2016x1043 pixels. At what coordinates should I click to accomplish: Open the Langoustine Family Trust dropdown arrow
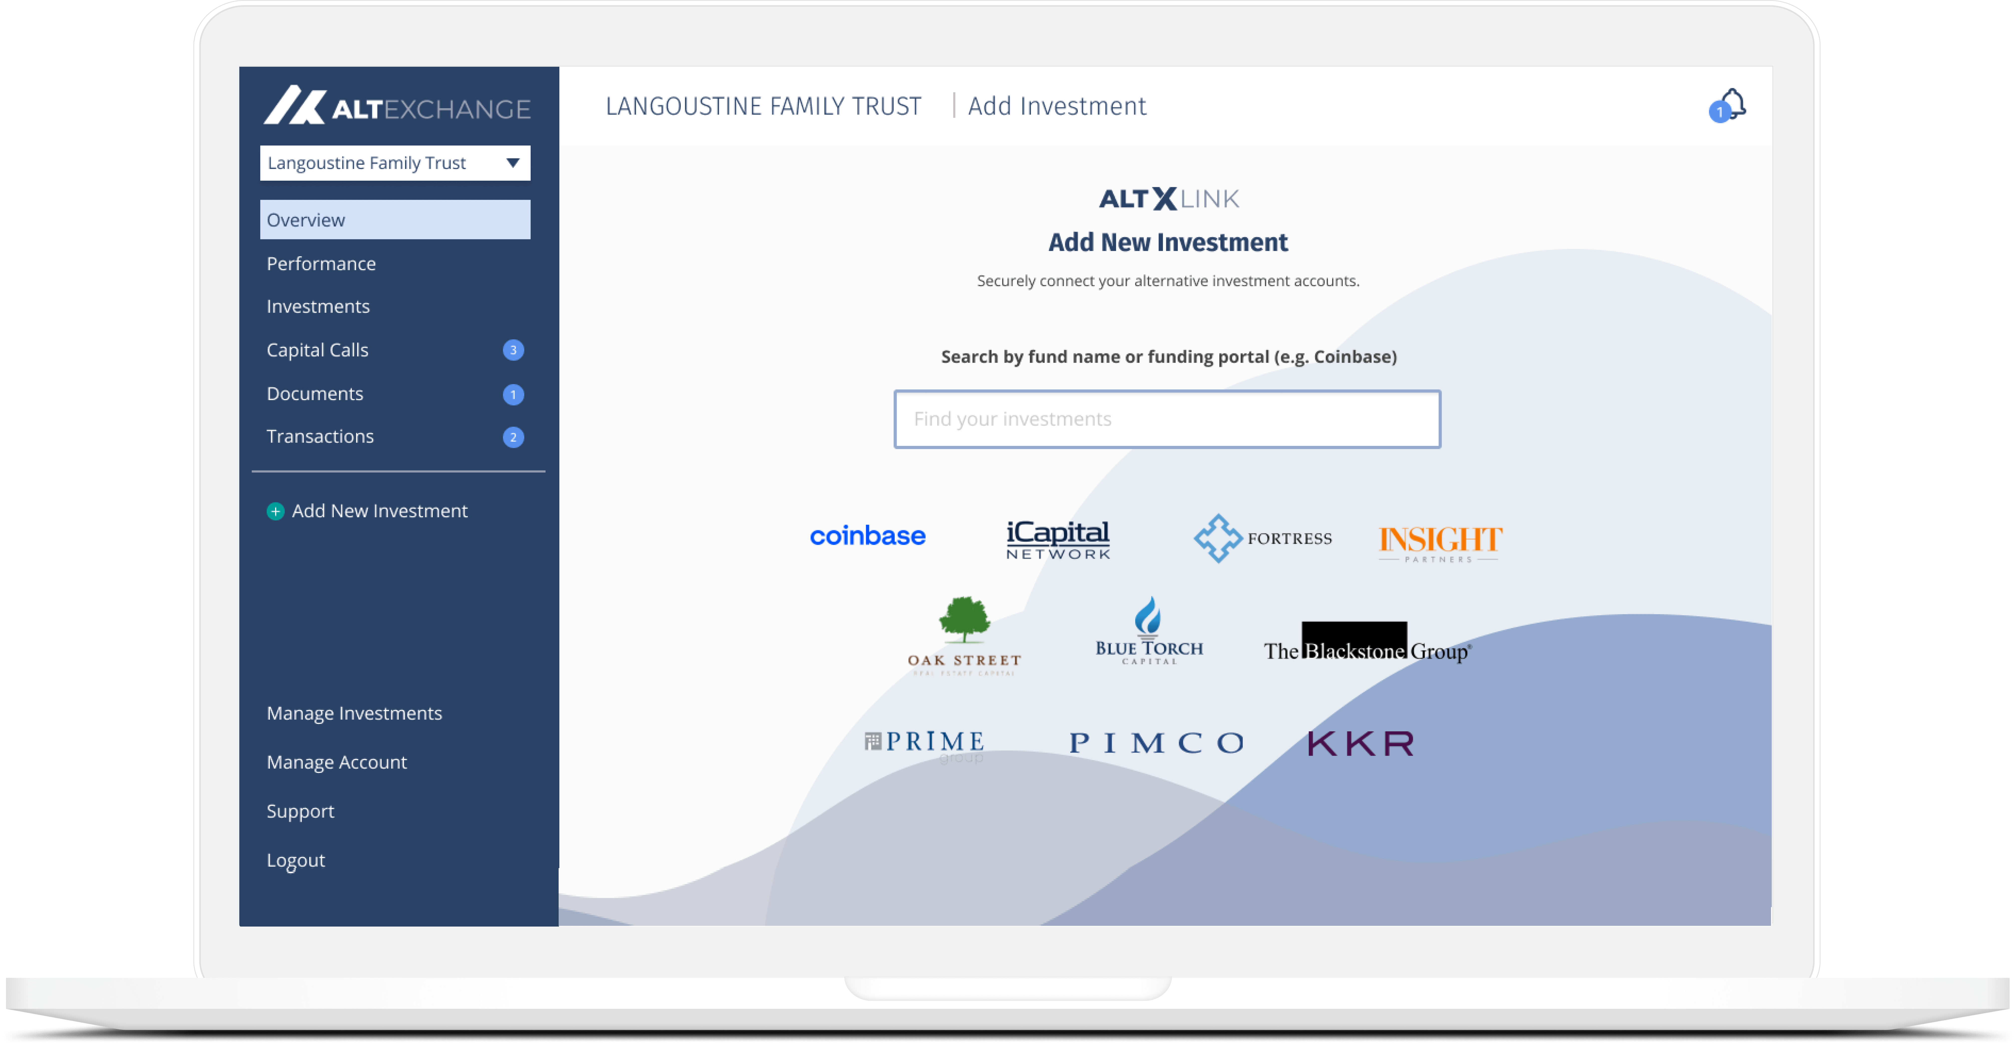tap(513, 163)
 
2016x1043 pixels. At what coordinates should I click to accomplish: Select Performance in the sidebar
tap(321, 264)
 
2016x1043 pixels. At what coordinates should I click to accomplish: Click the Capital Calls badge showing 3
tap(513, 350)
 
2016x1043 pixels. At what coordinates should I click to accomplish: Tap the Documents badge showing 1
tap(513, 395)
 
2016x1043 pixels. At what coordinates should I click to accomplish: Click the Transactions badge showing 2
tap(513, 437)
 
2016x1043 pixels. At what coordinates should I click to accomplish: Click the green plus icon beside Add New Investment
tap(275, 511)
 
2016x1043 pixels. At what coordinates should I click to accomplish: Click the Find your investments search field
tap(1167, 419)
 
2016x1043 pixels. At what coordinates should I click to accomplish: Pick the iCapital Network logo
tap(1058, 539)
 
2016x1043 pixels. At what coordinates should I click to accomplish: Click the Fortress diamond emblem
tap(1218, 538)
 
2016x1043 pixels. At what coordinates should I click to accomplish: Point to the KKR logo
tap(1361, 743)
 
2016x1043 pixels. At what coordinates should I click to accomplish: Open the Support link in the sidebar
tap(300, 811)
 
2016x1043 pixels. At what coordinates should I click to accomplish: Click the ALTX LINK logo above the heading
tap(1168, 199)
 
